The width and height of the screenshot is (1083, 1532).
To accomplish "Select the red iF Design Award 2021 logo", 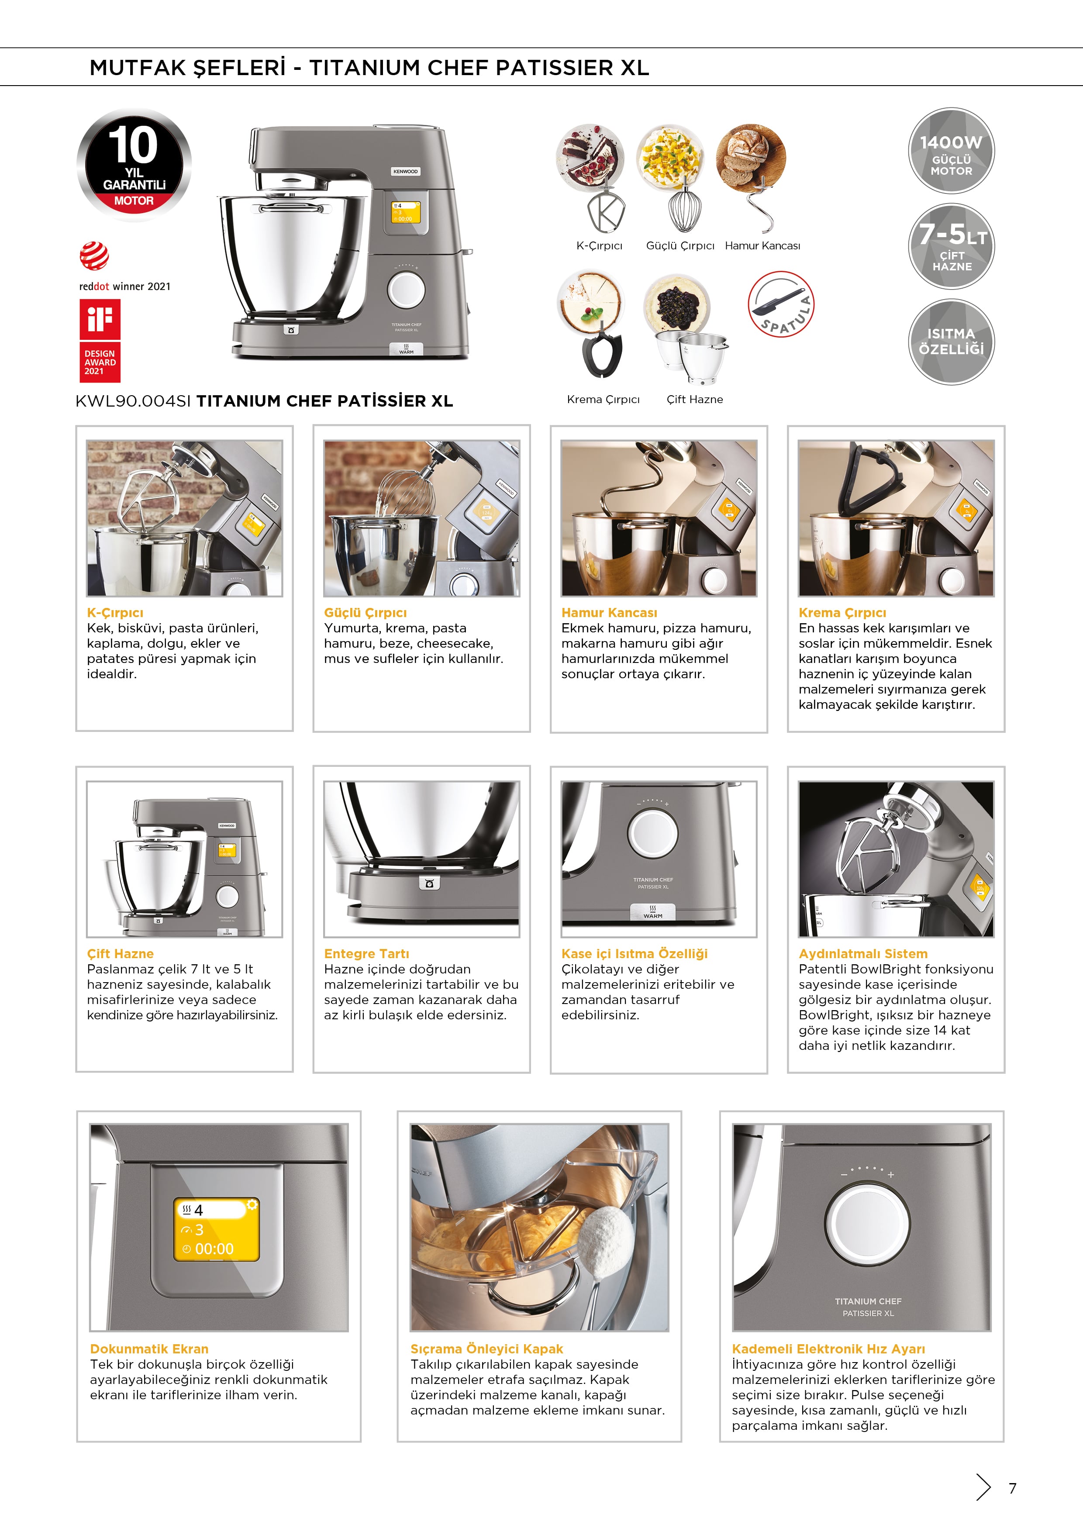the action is coord(100,340).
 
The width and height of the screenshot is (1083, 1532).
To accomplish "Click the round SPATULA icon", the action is coord(781,304).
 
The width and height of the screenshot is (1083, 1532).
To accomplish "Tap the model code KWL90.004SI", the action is coord(134,401).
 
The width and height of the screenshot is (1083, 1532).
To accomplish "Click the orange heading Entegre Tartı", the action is coord(366,953).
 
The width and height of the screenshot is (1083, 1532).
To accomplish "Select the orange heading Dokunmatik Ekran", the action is coord(149,1349).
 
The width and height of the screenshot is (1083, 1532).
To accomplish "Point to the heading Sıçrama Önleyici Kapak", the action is coord(486,1349).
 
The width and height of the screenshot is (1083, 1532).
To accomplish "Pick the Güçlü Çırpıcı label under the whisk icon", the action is coord(680,245).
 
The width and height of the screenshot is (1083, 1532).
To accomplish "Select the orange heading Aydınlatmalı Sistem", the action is coord(863,953).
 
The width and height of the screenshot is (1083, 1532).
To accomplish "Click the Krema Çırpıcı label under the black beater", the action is coord(603,400).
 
